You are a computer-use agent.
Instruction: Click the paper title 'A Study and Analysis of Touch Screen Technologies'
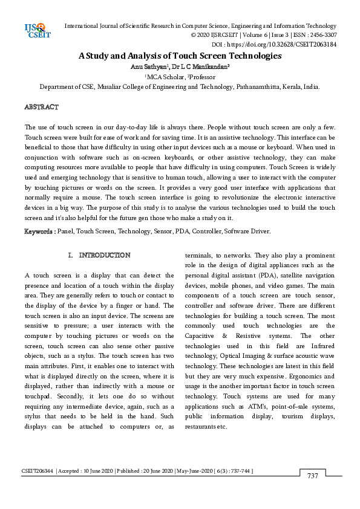click(x=180, y=56)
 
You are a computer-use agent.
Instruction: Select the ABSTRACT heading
click(x=41, y=107)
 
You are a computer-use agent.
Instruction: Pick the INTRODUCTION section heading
click(x=104, y=256)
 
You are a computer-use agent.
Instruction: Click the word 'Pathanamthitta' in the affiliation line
click(x=250, y=86)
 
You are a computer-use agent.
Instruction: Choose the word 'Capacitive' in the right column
click(x=201, y=334)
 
